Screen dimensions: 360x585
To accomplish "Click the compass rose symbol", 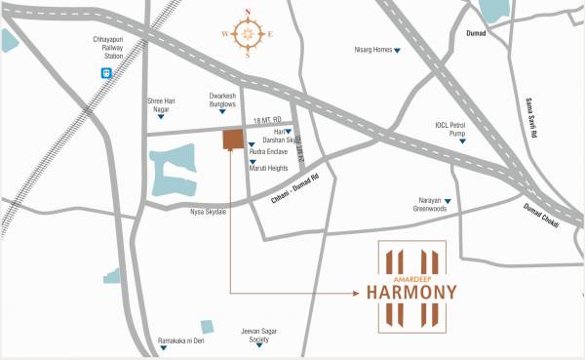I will click(249, 35).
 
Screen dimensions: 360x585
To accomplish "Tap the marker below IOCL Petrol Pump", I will click(462, 143).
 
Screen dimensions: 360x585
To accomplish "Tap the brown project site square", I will click(233, 139).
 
